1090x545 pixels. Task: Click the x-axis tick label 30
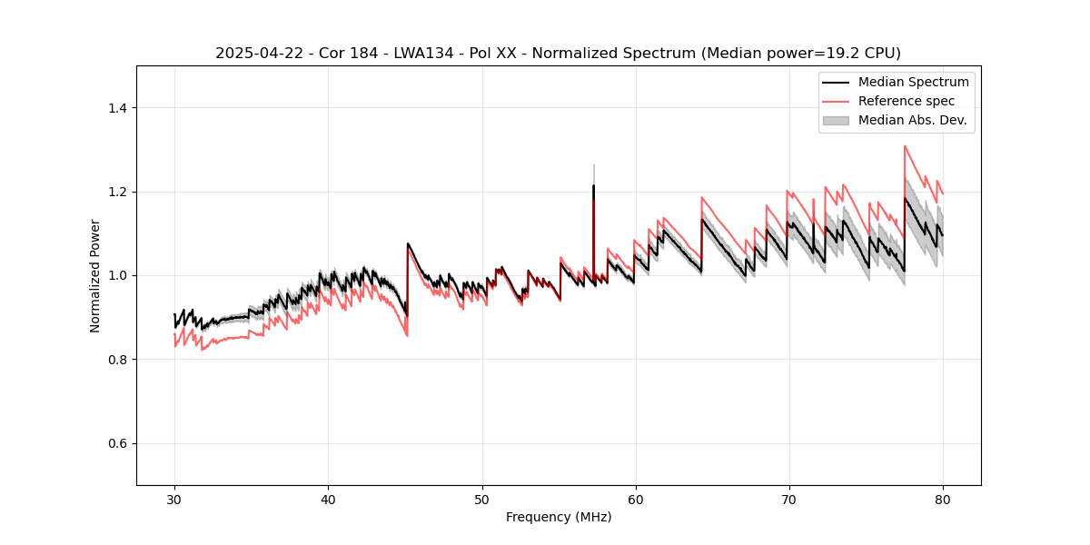point(174,500)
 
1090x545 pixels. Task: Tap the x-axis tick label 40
point(328,500)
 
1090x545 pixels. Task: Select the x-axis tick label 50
point(481,500)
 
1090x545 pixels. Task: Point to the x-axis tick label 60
point(635,500)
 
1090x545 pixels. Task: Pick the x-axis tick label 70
point(788,500)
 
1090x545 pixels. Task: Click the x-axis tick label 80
point(942,500)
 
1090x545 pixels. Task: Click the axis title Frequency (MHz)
point(559,517)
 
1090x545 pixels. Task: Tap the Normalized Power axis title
point(94,275)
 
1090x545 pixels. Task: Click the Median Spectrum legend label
point(913,82)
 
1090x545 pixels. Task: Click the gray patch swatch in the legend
point(836,120)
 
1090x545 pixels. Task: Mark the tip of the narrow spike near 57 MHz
point(593,166)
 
